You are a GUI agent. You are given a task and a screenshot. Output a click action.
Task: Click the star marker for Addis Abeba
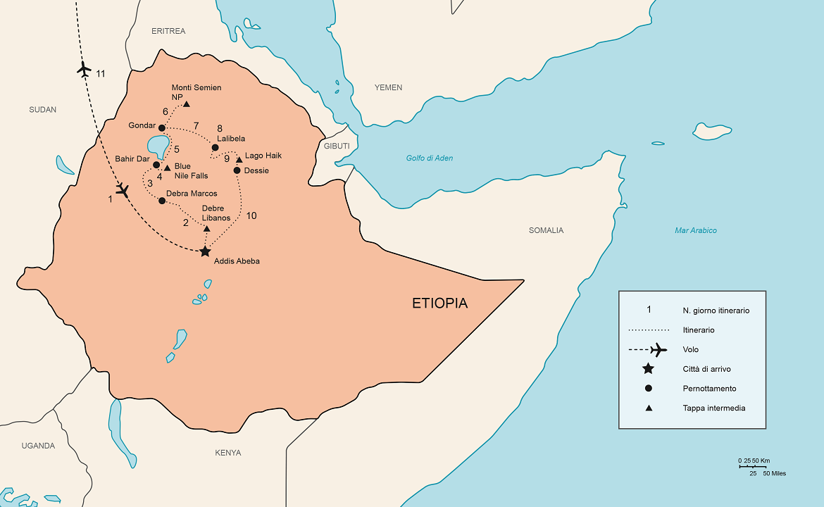pos(205,251)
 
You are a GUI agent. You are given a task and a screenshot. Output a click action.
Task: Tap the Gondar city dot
pos(162,128)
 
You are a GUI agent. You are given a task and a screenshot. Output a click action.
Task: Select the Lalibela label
pos(231,139)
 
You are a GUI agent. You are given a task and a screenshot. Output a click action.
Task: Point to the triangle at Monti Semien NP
pos(187,104)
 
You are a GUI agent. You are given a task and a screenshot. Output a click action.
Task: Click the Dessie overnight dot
pos(237,170)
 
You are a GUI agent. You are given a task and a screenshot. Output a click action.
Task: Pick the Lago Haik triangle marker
pos(239,160)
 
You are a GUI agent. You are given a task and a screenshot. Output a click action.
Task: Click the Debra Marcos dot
pos(162,201)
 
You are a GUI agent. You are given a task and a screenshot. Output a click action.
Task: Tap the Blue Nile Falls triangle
pos(167,168)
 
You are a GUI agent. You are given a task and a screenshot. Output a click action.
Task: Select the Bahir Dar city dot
pos(156,165)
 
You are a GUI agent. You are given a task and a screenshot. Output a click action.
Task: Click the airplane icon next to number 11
pos(84,70)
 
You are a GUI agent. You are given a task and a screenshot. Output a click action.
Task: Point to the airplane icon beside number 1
pos(123,190)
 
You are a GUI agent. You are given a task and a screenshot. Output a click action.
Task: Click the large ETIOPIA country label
pos(439,303)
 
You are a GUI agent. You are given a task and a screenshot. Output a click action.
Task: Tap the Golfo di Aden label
pos(429,158)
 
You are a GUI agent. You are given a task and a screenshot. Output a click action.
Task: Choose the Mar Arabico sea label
pos(695,230)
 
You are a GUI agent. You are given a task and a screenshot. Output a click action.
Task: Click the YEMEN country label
pos(388,87)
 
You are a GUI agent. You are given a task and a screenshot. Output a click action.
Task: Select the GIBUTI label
pos(337,146)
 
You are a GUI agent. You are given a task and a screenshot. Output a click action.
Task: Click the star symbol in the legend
pos(648,369)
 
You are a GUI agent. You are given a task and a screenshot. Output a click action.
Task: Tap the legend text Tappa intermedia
pos(713,408)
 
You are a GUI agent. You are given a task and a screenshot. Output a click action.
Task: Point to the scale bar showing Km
pos(752,466)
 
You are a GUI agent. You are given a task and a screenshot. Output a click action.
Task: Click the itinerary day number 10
pos(251,215)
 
